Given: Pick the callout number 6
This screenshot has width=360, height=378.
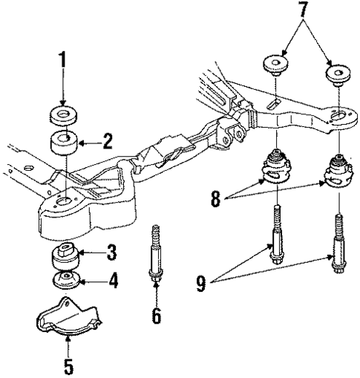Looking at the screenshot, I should tap(157, 316).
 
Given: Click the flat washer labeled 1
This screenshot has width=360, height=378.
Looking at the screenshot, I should tap(64, 116).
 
